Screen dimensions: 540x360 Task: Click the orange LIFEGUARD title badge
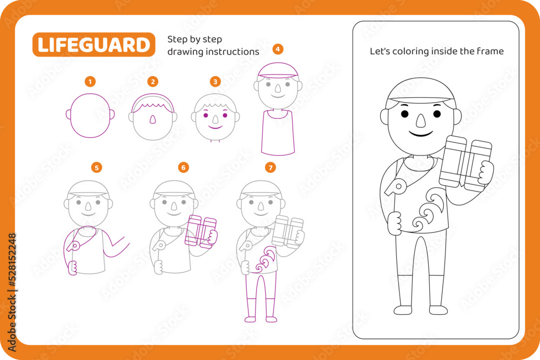click(93, 44)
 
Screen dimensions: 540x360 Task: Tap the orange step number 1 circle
click(90, 81)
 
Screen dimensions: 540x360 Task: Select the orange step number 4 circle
click(278, 49)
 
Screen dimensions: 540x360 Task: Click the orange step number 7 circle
click(271, 168)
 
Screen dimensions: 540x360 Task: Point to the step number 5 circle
click(97, 168)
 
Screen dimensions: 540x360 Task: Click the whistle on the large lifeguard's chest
click(395, 187)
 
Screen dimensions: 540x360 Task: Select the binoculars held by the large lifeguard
click(465, 164)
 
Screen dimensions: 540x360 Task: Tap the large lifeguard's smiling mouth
click(421, 133)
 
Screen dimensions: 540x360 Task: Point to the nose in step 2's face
click(153, 119)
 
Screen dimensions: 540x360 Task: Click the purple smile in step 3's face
click(215, 127)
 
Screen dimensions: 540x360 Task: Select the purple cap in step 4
click(278, 70)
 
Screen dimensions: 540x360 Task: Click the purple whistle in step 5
click(73, 246)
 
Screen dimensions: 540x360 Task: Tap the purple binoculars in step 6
click(200, 232)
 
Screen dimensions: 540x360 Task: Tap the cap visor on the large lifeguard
click(421, 99)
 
